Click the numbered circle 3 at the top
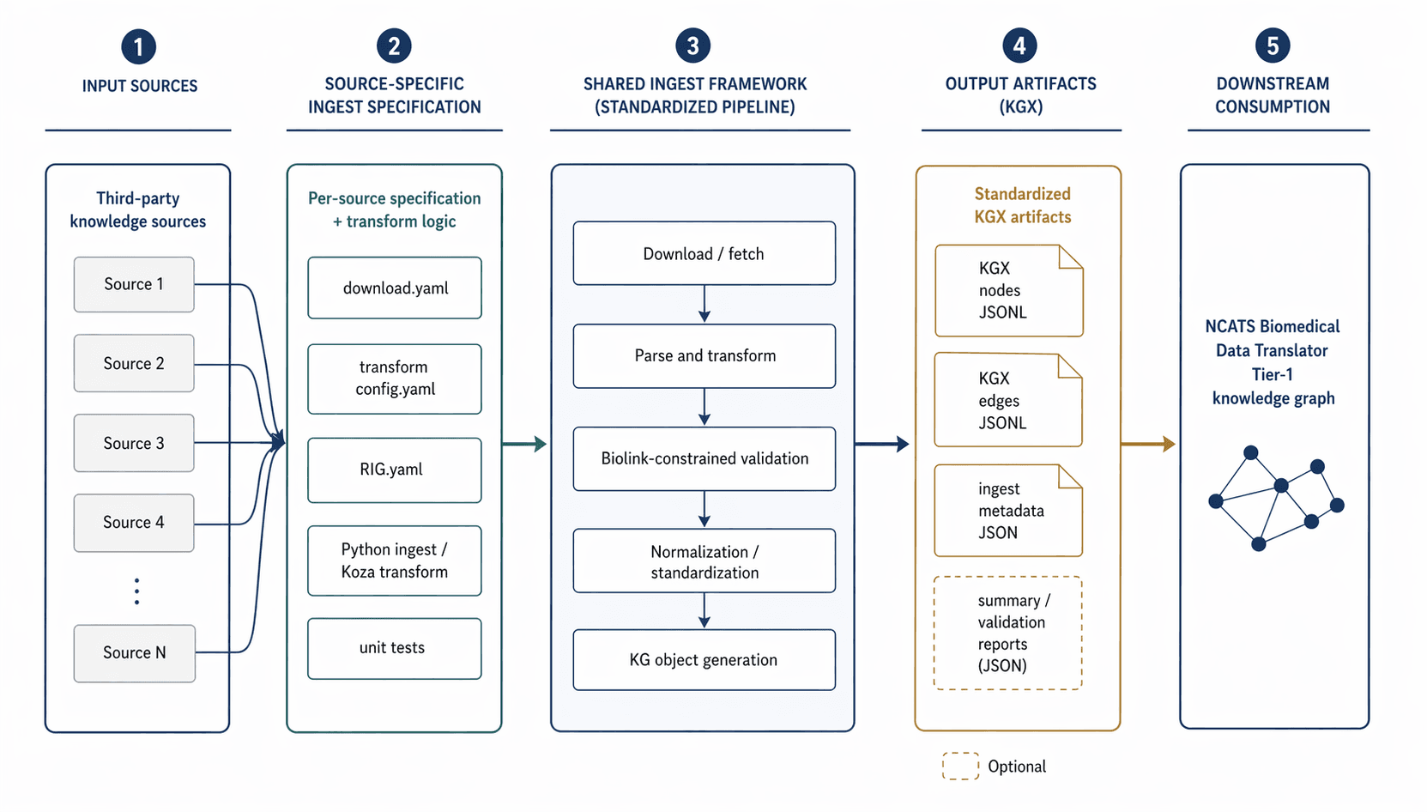(692, 45)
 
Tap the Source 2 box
(134, 363)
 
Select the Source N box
(135, 653)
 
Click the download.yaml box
(395, 288)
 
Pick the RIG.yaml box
(395, 470)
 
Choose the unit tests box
(395, 648)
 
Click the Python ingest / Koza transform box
(395, 561)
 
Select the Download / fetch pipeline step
(704, 253)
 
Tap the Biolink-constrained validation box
(704, 458)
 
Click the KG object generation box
(704, 659)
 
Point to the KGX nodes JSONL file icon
(1008, 291)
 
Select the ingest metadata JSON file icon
(1008, 511)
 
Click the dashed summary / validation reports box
(1008, 633)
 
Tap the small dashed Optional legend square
(960, 766)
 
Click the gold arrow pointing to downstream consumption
(1148, 444)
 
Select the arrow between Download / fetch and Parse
(704, 304)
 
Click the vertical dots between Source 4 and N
(136, 591)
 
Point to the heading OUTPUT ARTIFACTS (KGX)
(1020, 95)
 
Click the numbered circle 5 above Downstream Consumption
(1272, 45)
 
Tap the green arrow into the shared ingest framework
(524, 444)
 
